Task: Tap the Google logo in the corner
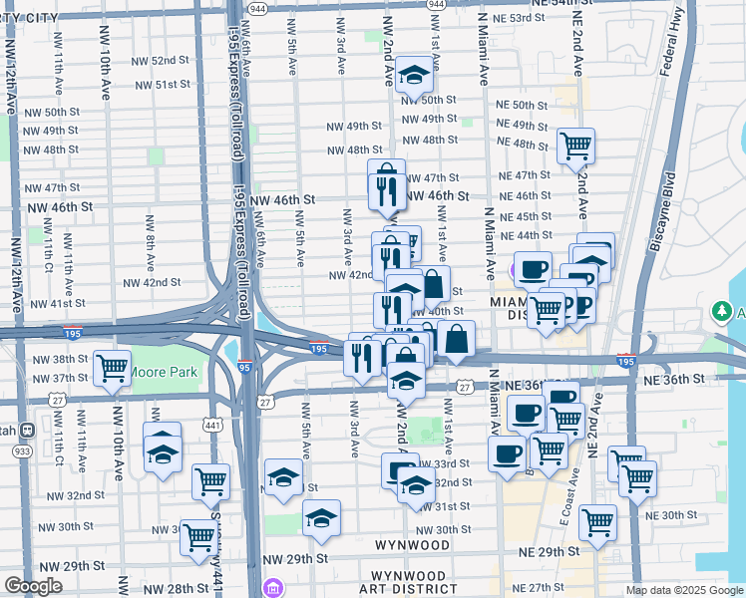click(x=33, y=586)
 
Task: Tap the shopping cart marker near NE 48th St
click(x=576, y=146)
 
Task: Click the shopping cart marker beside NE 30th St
click(x=597, y=521)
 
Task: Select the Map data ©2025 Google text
click(x=683, y=590)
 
